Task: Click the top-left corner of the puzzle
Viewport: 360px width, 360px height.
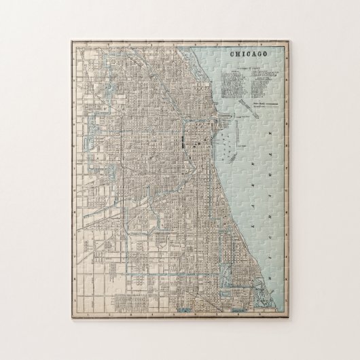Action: point(70,38)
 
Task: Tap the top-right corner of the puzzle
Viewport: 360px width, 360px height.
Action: point(293,38)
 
